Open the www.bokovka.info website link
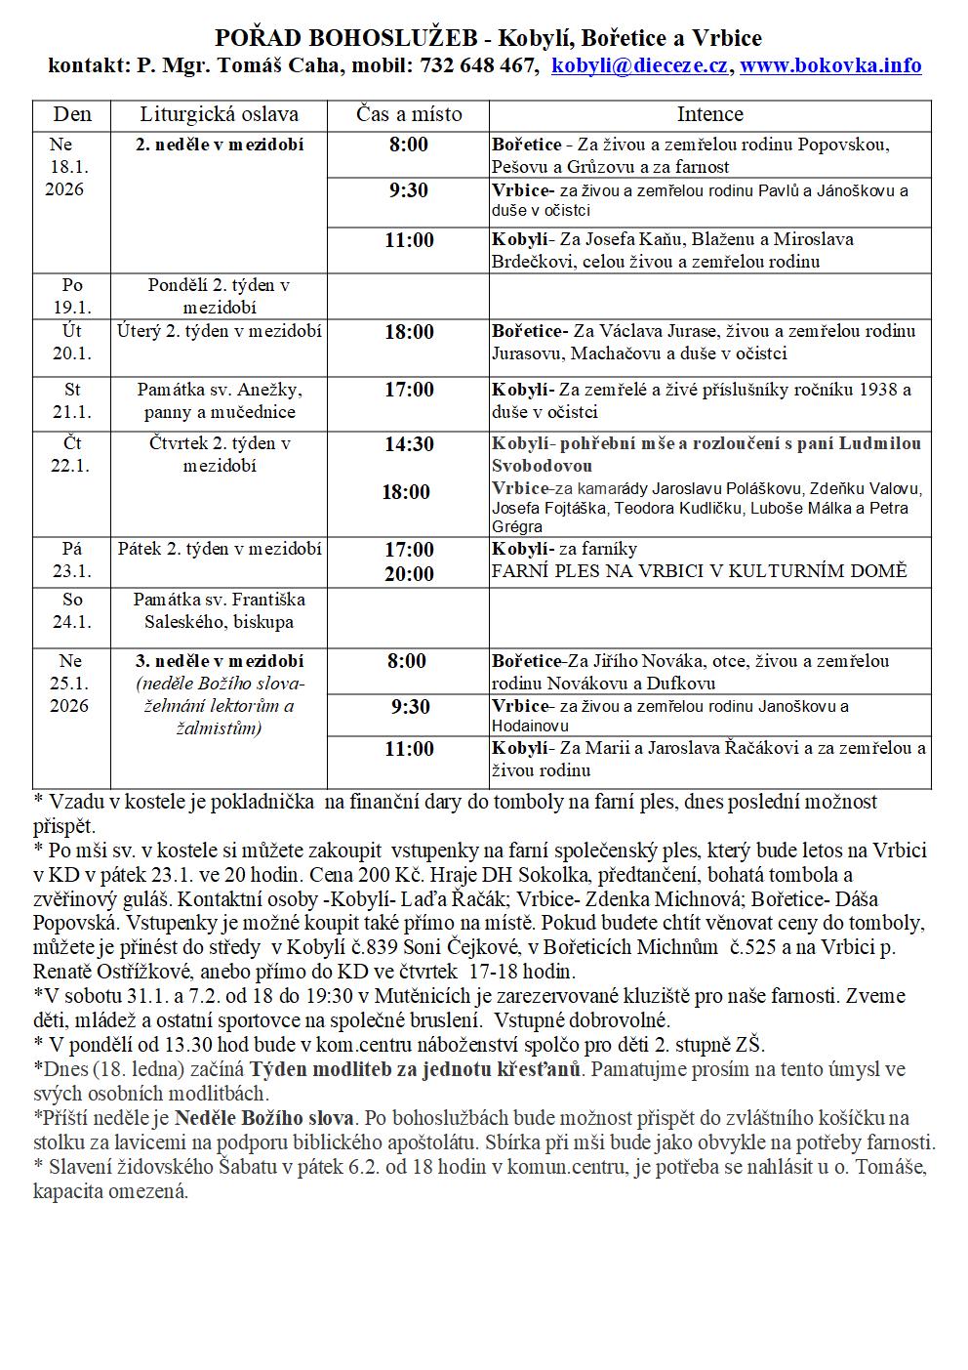click(x=831, y=65)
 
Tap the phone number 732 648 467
click(x=478, y=65)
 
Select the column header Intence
click(x=709, y=114)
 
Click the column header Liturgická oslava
click(x=219, y=114)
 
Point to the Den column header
click(x=72, y=114)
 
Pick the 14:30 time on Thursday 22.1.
click(x=408, y=444)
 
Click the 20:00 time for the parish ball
click(x=408, y=573)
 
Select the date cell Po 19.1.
click(x=72, y=296)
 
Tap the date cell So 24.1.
click(x=72, y=610)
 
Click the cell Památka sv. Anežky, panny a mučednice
click(x=219, y=400)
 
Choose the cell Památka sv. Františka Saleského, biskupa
click(x=219, y=610)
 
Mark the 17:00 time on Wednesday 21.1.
click(x=408, y=390)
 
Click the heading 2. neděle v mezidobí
click(x=219, y=145)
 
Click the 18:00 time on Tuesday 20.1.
click(x=408, y=332)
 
